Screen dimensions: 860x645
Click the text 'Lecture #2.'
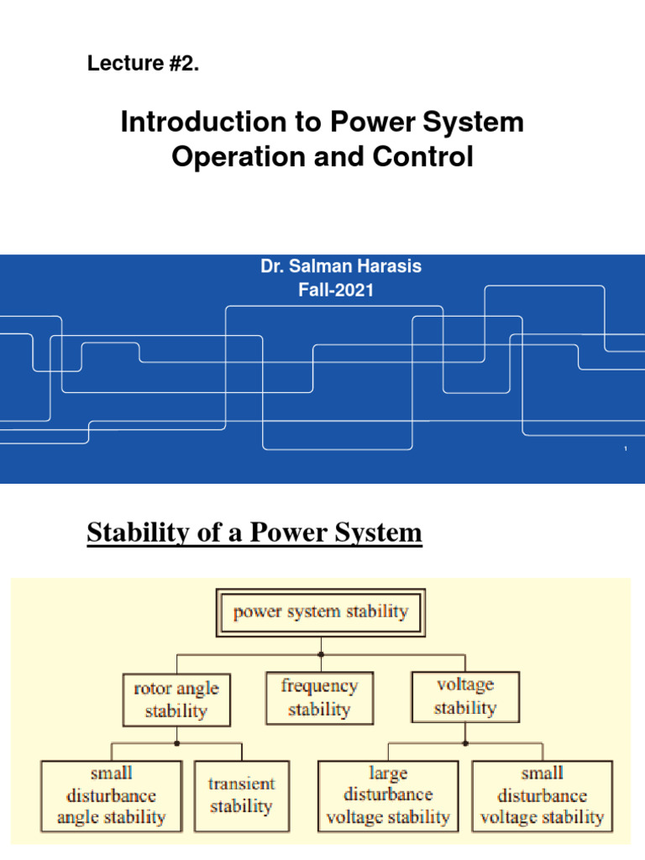144,64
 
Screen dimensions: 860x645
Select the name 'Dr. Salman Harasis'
341,266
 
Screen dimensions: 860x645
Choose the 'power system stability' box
320,612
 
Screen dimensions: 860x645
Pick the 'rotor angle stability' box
176,700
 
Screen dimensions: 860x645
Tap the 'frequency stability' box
318,697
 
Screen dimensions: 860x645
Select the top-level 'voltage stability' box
465,696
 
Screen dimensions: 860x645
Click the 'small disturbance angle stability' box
111,794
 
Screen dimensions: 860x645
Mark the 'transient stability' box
241,795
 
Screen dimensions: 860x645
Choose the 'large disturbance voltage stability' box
388,794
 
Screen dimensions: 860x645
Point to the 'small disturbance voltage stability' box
542,794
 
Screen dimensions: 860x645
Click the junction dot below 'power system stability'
321,653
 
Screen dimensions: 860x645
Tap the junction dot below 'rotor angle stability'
176,743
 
